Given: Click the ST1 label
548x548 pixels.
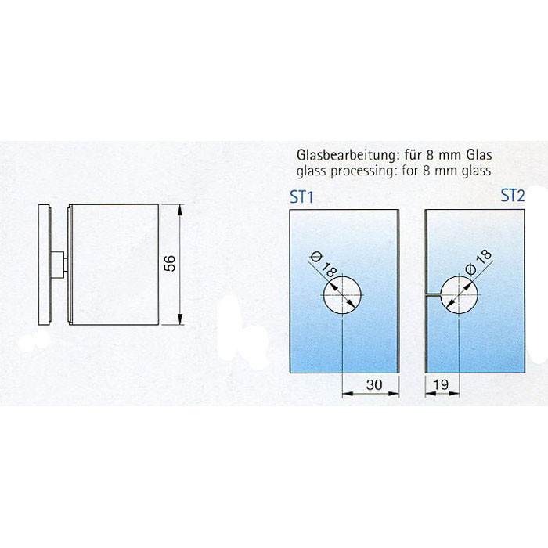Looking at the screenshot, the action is (x=301, y=197).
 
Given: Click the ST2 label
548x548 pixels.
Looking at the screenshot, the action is (x=513, y=196).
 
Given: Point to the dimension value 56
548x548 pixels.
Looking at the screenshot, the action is (x=170, y=263).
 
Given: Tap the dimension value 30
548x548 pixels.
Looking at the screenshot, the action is (x=374, y=385).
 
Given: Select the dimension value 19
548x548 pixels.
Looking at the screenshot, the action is (x=440, y=384).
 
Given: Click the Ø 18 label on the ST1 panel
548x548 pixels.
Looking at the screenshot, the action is (x=323, y=265).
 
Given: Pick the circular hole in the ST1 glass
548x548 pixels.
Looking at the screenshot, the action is (x=342, y=295).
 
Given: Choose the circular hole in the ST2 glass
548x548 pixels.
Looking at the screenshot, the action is (x=459, y=295).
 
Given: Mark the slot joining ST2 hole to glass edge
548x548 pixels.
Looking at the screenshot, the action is (x=434, y=295).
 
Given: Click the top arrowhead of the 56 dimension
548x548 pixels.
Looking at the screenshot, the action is (x=180, y=210).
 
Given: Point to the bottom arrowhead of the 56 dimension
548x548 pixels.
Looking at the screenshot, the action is (x=180, y=319).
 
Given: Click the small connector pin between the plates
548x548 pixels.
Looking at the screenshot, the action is (x=59, y=265).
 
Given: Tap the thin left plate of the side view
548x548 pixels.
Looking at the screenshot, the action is (x=44, y=265).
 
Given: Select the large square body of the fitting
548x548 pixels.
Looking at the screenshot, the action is (x=114, y=265).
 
